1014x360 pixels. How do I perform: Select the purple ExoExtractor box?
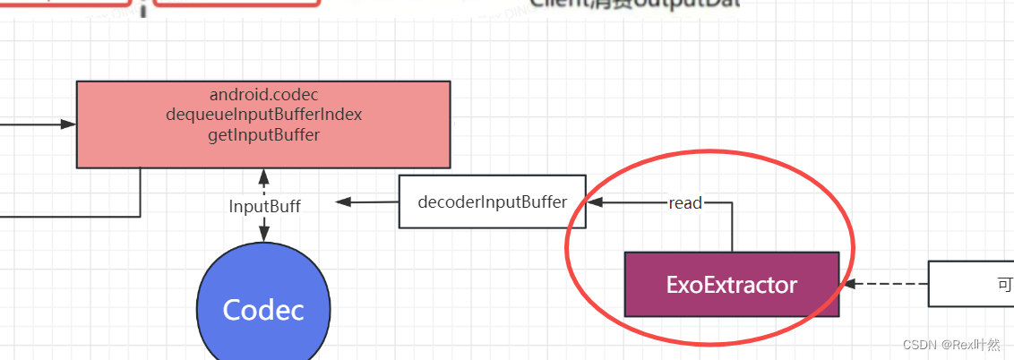(x=731, y=284)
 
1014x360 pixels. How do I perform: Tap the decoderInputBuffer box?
(x=492, y=201)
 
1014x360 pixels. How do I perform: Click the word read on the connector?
(x=685, y=203)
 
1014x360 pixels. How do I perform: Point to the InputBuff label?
(x=264, y=206)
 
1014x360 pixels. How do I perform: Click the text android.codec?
(x=263, y=94)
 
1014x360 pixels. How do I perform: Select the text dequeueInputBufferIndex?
(x=263, y=115)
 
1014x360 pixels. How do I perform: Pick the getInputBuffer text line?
(x=263, y=135)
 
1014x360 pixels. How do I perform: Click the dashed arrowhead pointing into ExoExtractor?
(x=848, y=284)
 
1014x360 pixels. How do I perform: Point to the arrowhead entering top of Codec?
(x=263, y=235)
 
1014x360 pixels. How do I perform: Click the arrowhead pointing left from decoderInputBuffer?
(x=343, y=202)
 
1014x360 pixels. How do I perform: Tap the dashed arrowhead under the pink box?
(x=263, y=175)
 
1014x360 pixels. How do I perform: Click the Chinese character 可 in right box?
(x=1005, y=284)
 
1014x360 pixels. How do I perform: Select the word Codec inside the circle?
(x=262, y=310)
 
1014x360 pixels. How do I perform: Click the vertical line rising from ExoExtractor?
(x=732, y=228)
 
